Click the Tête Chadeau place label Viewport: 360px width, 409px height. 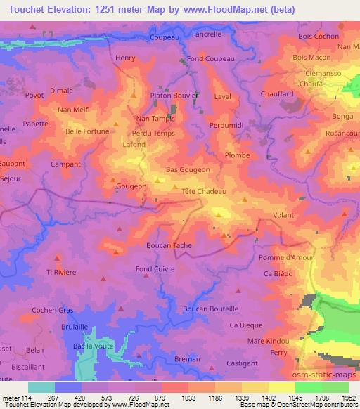tap(203, 191)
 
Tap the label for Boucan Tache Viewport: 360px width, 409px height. tap(169, 245)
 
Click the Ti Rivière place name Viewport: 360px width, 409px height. tap(60, 272)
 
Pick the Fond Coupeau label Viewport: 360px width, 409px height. tap(211, 58)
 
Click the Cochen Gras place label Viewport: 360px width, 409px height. tap(53, 310)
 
